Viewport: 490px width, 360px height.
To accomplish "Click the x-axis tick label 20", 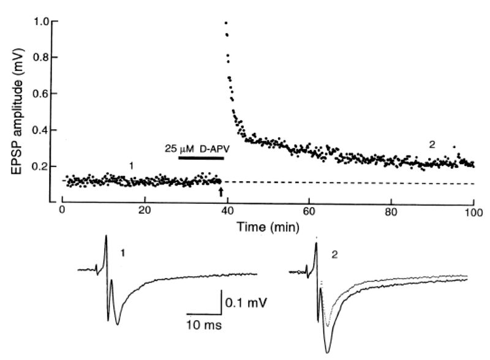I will coord(145,211).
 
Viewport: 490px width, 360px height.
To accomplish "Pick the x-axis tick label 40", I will coord(227,211).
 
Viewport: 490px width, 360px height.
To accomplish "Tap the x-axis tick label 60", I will coord(310,211).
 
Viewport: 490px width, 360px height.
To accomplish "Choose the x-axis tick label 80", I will coord(393,211).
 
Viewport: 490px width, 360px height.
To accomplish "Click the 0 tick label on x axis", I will coord(62,211).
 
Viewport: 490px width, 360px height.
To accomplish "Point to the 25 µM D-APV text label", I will coord(194,148).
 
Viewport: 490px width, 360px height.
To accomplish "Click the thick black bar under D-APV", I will coord(201,158).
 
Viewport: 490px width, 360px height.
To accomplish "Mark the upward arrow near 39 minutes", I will coord(221,192).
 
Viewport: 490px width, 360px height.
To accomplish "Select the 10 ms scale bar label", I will coord(203,325).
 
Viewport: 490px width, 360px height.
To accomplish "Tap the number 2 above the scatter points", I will coord(431,144).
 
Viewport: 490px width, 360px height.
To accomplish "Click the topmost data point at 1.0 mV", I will coord(226,23).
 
